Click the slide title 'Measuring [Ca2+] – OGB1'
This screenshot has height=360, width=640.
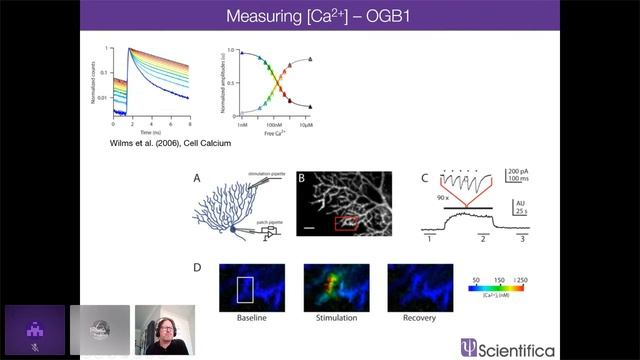point(319,16)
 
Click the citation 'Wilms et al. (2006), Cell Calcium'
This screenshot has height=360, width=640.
point(170,143)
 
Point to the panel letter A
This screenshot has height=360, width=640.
point(196,179)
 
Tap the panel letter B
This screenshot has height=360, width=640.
point(302,179)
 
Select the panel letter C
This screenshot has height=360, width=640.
point(425,179)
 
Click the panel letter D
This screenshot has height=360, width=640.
point(196,268)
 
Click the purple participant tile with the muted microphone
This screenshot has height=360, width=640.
point(34,330)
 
